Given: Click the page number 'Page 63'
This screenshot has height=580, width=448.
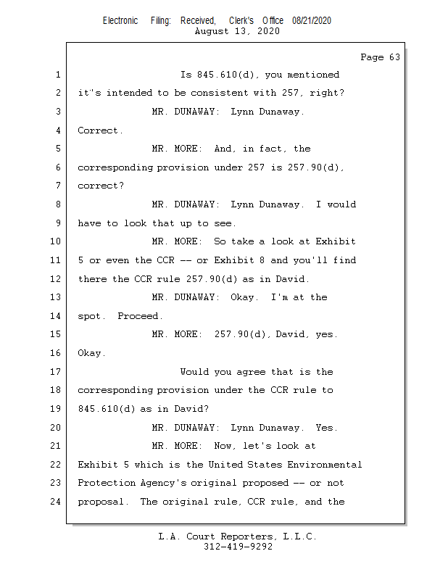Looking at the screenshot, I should click(x=380, y=57).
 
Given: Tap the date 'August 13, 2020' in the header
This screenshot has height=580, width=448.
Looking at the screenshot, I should click(x=238, y=31).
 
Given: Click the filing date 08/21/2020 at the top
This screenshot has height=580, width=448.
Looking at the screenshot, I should click(x=312, y=21).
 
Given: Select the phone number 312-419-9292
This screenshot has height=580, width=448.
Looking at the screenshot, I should click(x=238, y=547).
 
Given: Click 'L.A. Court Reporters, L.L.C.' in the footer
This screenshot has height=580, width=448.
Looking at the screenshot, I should click(x=238, y=536).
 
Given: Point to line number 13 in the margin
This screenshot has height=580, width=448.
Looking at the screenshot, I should click(x=56, y=297).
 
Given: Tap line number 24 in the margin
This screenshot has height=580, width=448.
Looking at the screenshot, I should click(x=56, y=502).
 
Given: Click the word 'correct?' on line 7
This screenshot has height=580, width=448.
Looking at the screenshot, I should click(x=101, y=186).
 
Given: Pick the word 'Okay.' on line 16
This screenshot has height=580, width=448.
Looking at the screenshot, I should click(x=92, y=354).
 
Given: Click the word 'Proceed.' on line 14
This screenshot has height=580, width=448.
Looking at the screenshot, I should click(x=141, y=316).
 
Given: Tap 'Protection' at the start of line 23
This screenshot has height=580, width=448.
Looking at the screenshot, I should click(x=107, y=483).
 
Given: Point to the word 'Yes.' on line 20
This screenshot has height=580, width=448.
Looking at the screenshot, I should click(x=327, y=428).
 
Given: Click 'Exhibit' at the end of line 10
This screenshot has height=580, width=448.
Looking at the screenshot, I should click(x=336, y=241).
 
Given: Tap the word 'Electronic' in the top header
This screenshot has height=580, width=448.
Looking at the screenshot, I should click(x=120, y=21).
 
